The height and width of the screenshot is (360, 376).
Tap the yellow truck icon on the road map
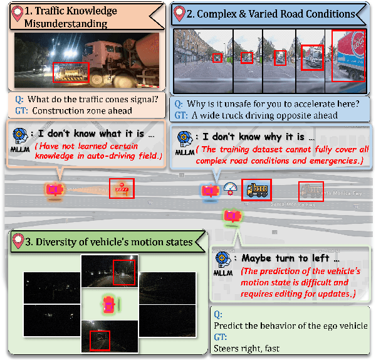256,189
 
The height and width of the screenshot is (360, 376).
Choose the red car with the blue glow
210,191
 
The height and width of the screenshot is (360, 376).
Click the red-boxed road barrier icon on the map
121,188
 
